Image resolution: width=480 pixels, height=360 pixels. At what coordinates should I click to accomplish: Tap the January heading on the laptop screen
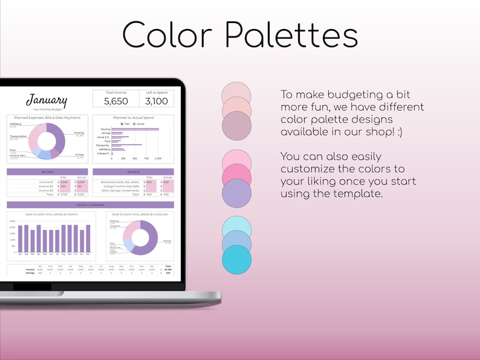coord(47,100)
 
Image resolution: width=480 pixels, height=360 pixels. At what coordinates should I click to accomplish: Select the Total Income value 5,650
coord(115,101)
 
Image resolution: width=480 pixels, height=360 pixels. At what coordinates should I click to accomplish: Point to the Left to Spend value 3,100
coord(157,101)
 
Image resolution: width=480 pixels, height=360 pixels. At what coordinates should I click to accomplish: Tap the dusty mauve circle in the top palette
coord(236,127)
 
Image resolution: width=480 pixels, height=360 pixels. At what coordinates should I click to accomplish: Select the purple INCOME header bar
coord(47,172)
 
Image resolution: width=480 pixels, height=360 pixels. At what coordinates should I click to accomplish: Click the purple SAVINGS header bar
coord(133,172)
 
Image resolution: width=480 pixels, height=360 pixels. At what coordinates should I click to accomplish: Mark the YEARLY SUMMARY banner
coord(90,205)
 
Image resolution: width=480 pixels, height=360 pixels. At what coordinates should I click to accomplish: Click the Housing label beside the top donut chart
coord(79,133)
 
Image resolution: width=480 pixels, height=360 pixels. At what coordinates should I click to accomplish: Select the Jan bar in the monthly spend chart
coord(21,239)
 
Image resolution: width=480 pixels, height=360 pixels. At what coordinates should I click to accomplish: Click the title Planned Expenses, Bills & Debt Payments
coord(47,117)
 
